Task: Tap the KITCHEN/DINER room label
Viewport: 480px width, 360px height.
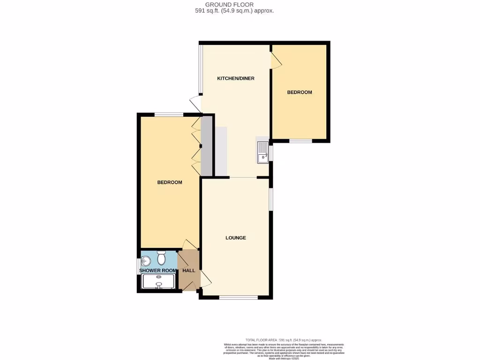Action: tap(235, 78)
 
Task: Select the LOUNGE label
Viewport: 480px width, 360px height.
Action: tap(235, 238)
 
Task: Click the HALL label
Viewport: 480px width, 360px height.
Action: tap(188, 270)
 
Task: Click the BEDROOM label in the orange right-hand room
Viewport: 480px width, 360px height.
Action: tap(300, 92)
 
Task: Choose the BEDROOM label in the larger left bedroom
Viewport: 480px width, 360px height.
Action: tap(169, 182)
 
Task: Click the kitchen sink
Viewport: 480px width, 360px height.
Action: tap(262, 153)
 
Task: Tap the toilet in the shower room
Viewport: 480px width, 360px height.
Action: tap(162, 258)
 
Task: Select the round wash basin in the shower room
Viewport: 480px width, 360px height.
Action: tap(146, 260)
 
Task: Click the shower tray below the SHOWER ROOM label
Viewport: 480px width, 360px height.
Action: tap(158, 282)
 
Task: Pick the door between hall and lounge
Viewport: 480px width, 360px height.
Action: tap(205, 278)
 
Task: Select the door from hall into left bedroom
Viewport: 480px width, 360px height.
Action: tap(190, 244)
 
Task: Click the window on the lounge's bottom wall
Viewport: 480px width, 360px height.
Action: tap(238, 297)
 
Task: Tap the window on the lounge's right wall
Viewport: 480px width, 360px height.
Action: tap(270, 199)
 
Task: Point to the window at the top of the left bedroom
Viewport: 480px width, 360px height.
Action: tap(169, 114)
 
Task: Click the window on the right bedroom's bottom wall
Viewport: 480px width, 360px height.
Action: tap(300, 141)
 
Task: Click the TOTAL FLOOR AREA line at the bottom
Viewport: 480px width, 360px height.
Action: tap(284, 340)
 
